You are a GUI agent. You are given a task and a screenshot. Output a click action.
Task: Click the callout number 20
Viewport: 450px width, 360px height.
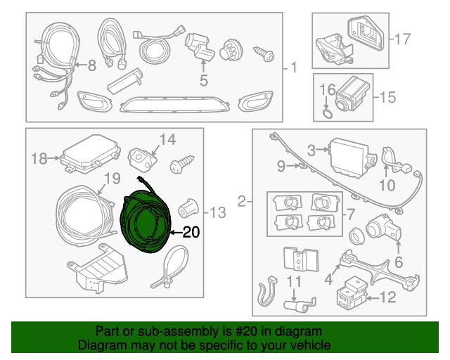click(191, 232)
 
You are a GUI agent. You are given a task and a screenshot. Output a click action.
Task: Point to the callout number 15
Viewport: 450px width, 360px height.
click(388, 97)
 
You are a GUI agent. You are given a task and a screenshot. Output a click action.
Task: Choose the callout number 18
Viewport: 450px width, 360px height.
click(39, 159)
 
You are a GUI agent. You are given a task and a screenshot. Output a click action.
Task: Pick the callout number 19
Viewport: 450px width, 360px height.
click(112, 179)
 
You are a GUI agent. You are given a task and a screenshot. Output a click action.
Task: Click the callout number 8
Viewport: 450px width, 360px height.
click(91, 66)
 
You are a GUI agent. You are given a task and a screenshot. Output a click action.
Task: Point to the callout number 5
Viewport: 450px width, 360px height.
click(203, 81)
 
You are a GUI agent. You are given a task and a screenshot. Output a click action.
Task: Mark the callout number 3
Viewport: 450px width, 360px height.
click(311, 149)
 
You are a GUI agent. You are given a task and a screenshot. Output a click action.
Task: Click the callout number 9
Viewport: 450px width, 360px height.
click(281, 166)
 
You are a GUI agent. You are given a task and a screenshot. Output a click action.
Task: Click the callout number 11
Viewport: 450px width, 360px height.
click(293, 283)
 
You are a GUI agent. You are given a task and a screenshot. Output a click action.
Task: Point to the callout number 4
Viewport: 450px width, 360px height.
click(328, 280)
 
